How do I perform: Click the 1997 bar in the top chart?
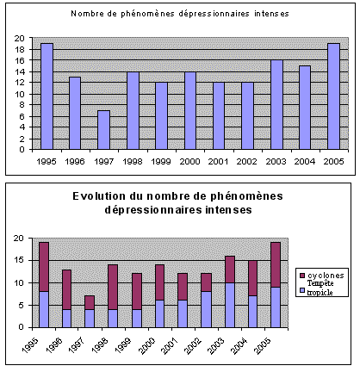coord(103,130)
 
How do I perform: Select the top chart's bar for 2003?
coord(276,105)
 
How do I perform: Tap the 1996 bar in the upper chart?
coord(75,113)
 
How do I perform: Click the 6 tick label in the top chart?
coord(22,116)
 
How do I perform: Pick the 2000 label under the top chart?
coord(189,162)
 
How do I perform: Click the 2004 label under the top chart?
coord(305,162)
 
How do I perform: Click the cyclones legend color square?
coord(302,276)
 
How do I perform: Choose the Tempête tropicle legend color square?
coord(302,290)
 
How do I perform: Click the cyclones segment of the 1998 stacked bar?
coord(113,287)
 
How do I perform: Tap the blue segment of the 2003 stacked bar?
coord(230,305)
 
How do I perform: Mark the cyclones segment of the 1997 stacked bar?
coord(90,302)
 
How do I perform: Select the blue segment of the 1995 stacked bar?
coord(44,309)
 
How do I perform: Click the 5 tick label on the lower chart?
coord(22,305)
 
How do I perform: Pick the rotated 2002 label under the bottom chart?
coord(194,345)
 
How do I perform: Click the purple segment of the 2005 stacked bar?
coord(276,264)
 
